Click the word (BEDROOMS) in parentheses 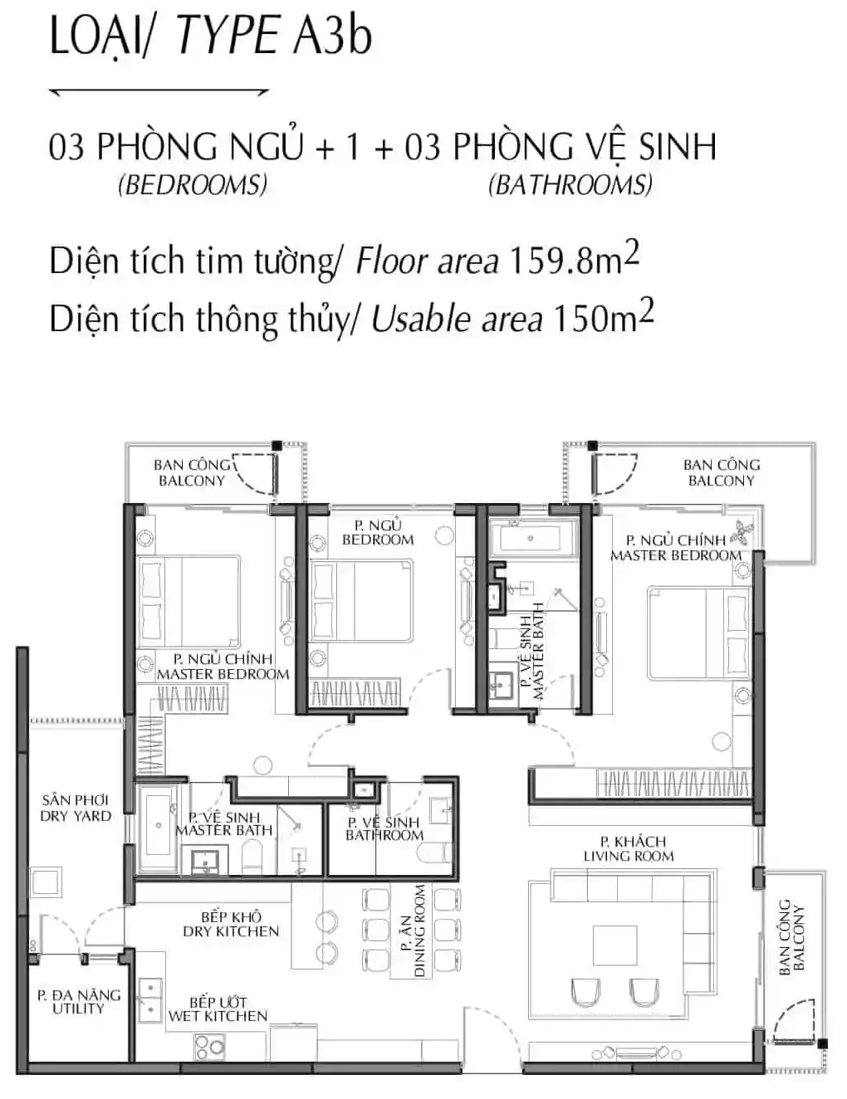pos(193,184)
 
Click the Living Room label pos(628,848)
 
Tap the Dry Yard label pos(76,808)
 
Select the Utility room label pos(78,1001)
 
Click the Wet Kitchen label pos(218,1009)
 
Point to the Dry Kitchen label pos(231,924)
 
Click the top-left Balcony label pos(191,472)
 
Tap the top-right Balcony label pos(721,472)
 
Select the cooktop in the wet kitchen pos(209,1046)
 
